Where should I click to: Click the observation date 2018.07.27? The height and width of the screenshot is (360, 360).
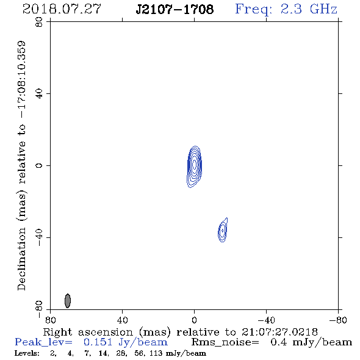pos(62,9)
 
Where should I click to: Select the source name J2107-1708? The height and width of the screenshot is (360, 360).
pos(175,9)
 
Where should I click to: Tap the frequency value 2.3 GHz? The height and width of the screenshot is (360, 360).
pos(309,9)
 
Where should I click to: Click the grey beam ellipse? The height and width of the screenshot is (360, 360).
pos(68,301)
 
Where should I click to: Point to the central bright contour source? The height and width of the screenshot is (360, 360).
pos(195,166)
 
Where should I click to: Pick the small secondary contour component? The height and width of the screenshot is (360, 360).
pos(223,230)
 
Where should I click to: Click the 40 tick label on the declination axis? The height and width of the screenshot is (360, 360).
pos(39,94)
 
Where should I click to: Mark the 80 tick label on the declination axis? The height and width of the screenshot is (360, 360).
pos(39,22)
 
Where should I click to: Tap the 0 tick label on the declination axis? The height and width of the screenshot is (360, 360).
pos(39,165)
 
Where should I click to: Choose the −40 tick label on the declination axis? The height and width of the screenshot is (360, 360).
pos(39,237)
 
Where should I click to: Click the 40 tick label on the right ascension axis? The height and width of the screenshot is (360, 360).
pos(122,320)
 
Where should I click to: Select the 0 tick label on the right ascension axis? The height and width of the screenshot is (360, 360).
pos(194,320)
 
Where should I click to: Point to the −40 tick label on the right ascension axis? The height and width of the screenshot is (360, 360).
pos(266,320)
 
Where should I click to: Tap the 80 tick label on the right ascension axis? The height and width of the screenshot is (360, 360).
pos(50,320)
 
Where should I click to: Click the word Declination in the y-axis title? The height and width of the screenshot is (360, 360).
pos(21,259)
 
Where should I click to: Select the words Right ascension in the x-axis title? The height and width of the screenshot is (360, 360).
pos(88,332)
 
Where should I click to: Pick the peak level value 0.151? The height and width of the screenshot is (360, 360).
pos(98,342)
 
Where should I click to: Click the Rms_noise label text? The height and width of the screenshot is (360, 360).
pos(225,342)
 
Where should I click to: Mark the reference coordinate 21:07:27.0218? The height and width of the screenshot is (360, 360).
pos(279,332)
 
